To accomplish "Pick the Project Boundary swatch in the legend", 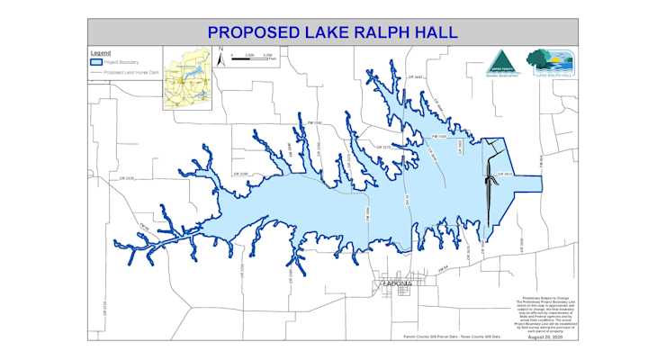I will click(x=96, y=63).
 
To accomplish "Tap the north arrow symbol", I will click(x=220, y=58).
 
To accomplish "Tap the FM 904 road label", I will click(x=540, y=161).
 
